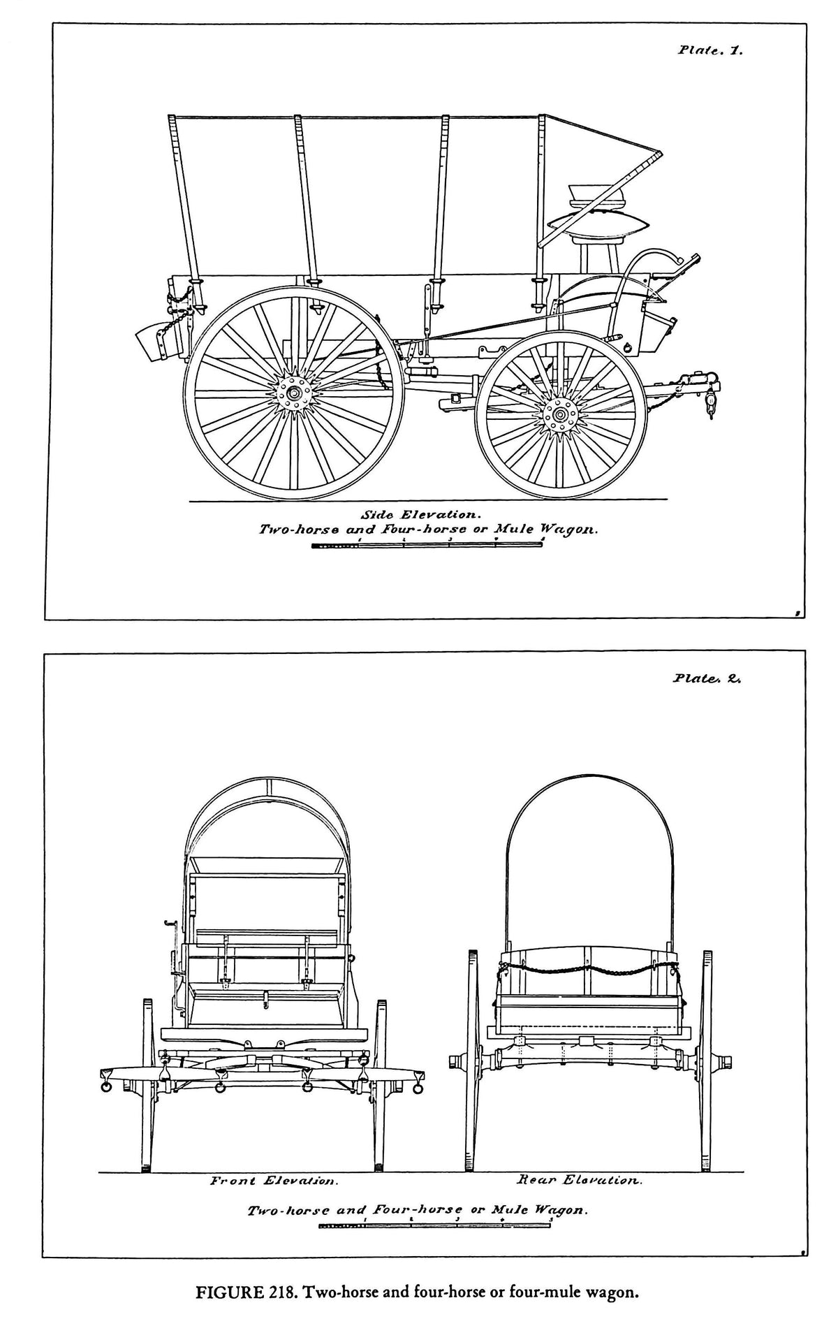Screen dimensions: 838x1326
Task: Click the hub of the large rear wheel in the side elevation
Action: pos(294,394)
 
